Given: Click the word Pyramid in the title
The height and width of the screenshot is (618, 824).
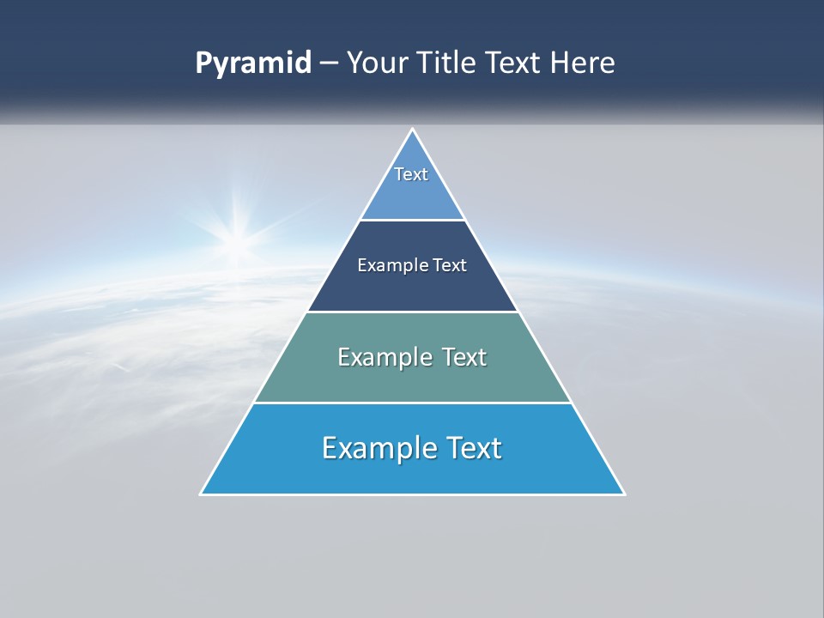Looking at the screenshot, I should (253, 64).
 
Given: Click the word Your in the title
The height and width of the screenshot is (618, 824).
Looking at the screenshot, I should (378, 64).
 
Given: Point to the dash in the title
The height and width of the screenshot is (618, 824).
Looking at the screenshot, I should (328, 64).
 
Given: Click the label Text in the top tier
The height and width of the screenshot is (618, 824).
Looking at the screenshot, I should (411, 174).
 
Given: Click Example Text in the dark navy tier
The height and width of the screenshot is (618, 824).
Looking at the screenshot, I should (412, 265).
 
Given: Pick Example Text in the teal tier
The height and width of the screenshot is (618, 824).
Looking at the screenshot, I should (412, 357).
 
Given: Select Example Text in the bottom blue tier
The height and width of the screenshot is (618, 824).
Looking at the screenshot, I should (412, 448).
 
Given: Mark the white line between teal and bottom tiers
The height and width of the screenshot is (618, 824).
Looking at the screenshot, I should (412, 403).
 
